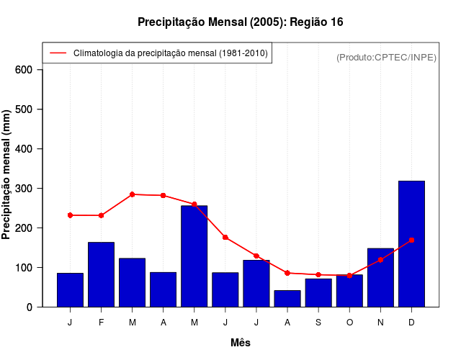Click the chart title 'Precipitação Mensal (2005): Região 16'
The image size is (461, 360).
pyautogui.click(x=240, y=22)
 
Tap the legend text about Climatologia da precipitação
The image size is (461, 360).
pyautogui.click(x=170, y=53)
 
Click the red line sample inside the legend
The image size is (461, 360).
pyautogui.click(x=58, y=53)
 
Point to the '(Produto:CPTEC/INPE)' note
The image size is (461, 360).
pyautogui.click(x=386, y=57)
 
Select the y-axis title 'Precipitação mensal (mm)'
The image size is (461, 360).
pyautogui.click(x=7, y=174)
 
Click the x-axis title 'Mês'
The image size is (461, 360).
pyautogui.click(x=241, y=343)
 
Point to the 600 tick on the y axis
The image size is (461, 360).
pyautogui.click(x=24, y=70)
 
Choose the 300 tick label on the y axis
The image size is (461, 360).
pyautogui.click(x=24, y=189)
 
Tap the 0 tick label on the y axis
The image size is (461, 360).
pyautogui.click(x=29, y=307)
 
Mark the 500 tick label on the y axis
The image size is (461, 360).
pyautogui.click(x=24, y=109)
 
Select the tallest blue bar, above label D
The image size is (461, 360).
pyautogui.click(x=411, y=243)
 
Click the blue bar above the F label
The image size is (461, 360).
pyautogui.click(x=101, y=274)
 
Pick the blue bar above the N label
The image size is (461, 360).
pyautogui.click(x=380, y=277)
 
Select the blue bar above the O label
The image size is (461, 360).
pyautogui.click(x=349, y=291)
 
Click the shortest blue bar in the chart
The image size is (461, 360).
pyautogui.click(x=287, y=298)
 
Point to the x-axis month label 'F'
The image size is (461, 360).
pyautogui.click(x=101, y=323)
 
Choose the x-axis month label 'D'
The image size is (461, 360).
pyautogui.click(x=411, y=323)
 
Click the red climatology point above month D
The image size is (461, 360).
pyautogui.click(x=411, y=240)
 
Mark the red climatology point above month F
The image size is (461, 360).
pyautogui.click(x=101, y=215)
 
